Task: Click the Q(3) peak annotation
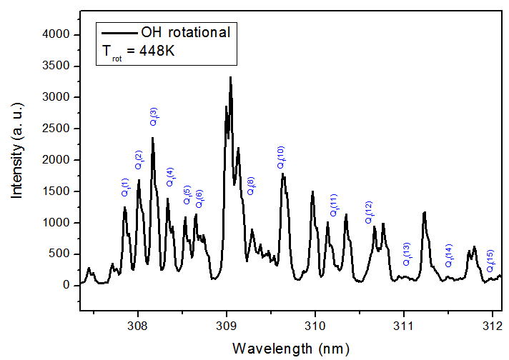[x=154, y=117]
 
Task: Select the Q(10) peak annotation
[x=281, y=157]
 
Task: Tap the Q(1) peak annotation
[x=124, y=187]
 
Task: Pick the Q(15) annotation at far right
[x=490, y=261]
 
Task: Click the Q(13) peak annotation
[x=407, y=254]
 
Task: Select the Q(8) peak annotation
[x=251, y=186]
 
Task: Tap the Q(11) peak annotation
[x=333, y=205]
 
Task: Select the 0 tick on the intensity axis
[x=66, y=285]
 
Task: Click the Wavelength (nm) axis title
[x=286, y=349]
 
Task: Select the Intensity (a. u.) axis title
[x=16, y=159]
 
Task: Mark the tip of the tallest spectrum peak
[x=230, y=76]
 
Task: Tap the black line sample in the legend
[x=119, y=33]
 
